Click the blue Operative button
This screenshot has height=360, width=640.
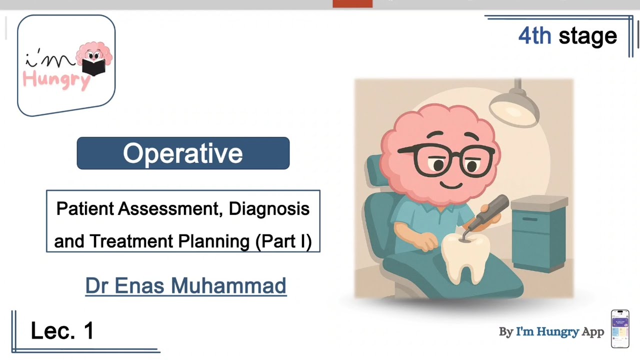coord(183,153)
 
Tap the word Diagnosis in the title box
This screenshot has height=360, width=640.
coord(269,208)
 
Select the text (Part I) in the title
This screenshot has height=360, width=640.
coord(283,241)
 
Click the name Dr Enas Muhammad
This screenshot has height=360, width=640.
coord(185,285)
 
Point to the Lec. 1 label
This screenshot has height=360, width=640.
coord(62,331)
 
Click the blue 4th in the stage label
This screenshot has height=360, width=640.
coord(534,36)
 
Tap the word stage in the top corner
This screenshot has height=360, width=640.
coord(588,36)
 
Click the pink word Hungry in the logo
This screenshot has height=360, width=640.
coord(56,79)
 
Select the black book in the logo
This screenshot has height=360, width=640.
coord(93,66)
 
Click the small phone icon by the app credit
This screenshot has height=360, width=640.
coord(620,328)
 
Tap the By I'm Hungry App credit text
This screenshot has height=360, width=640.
coord(551,332)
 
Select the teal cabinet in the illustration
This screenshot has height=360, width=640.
coord(539,235)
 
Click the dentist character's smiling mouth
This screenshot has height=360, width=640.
coord(451,184)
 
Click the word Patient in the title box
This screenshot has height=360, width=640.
coord(84,208)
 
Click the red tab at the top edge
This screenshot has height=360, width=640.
coord(352,3)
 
